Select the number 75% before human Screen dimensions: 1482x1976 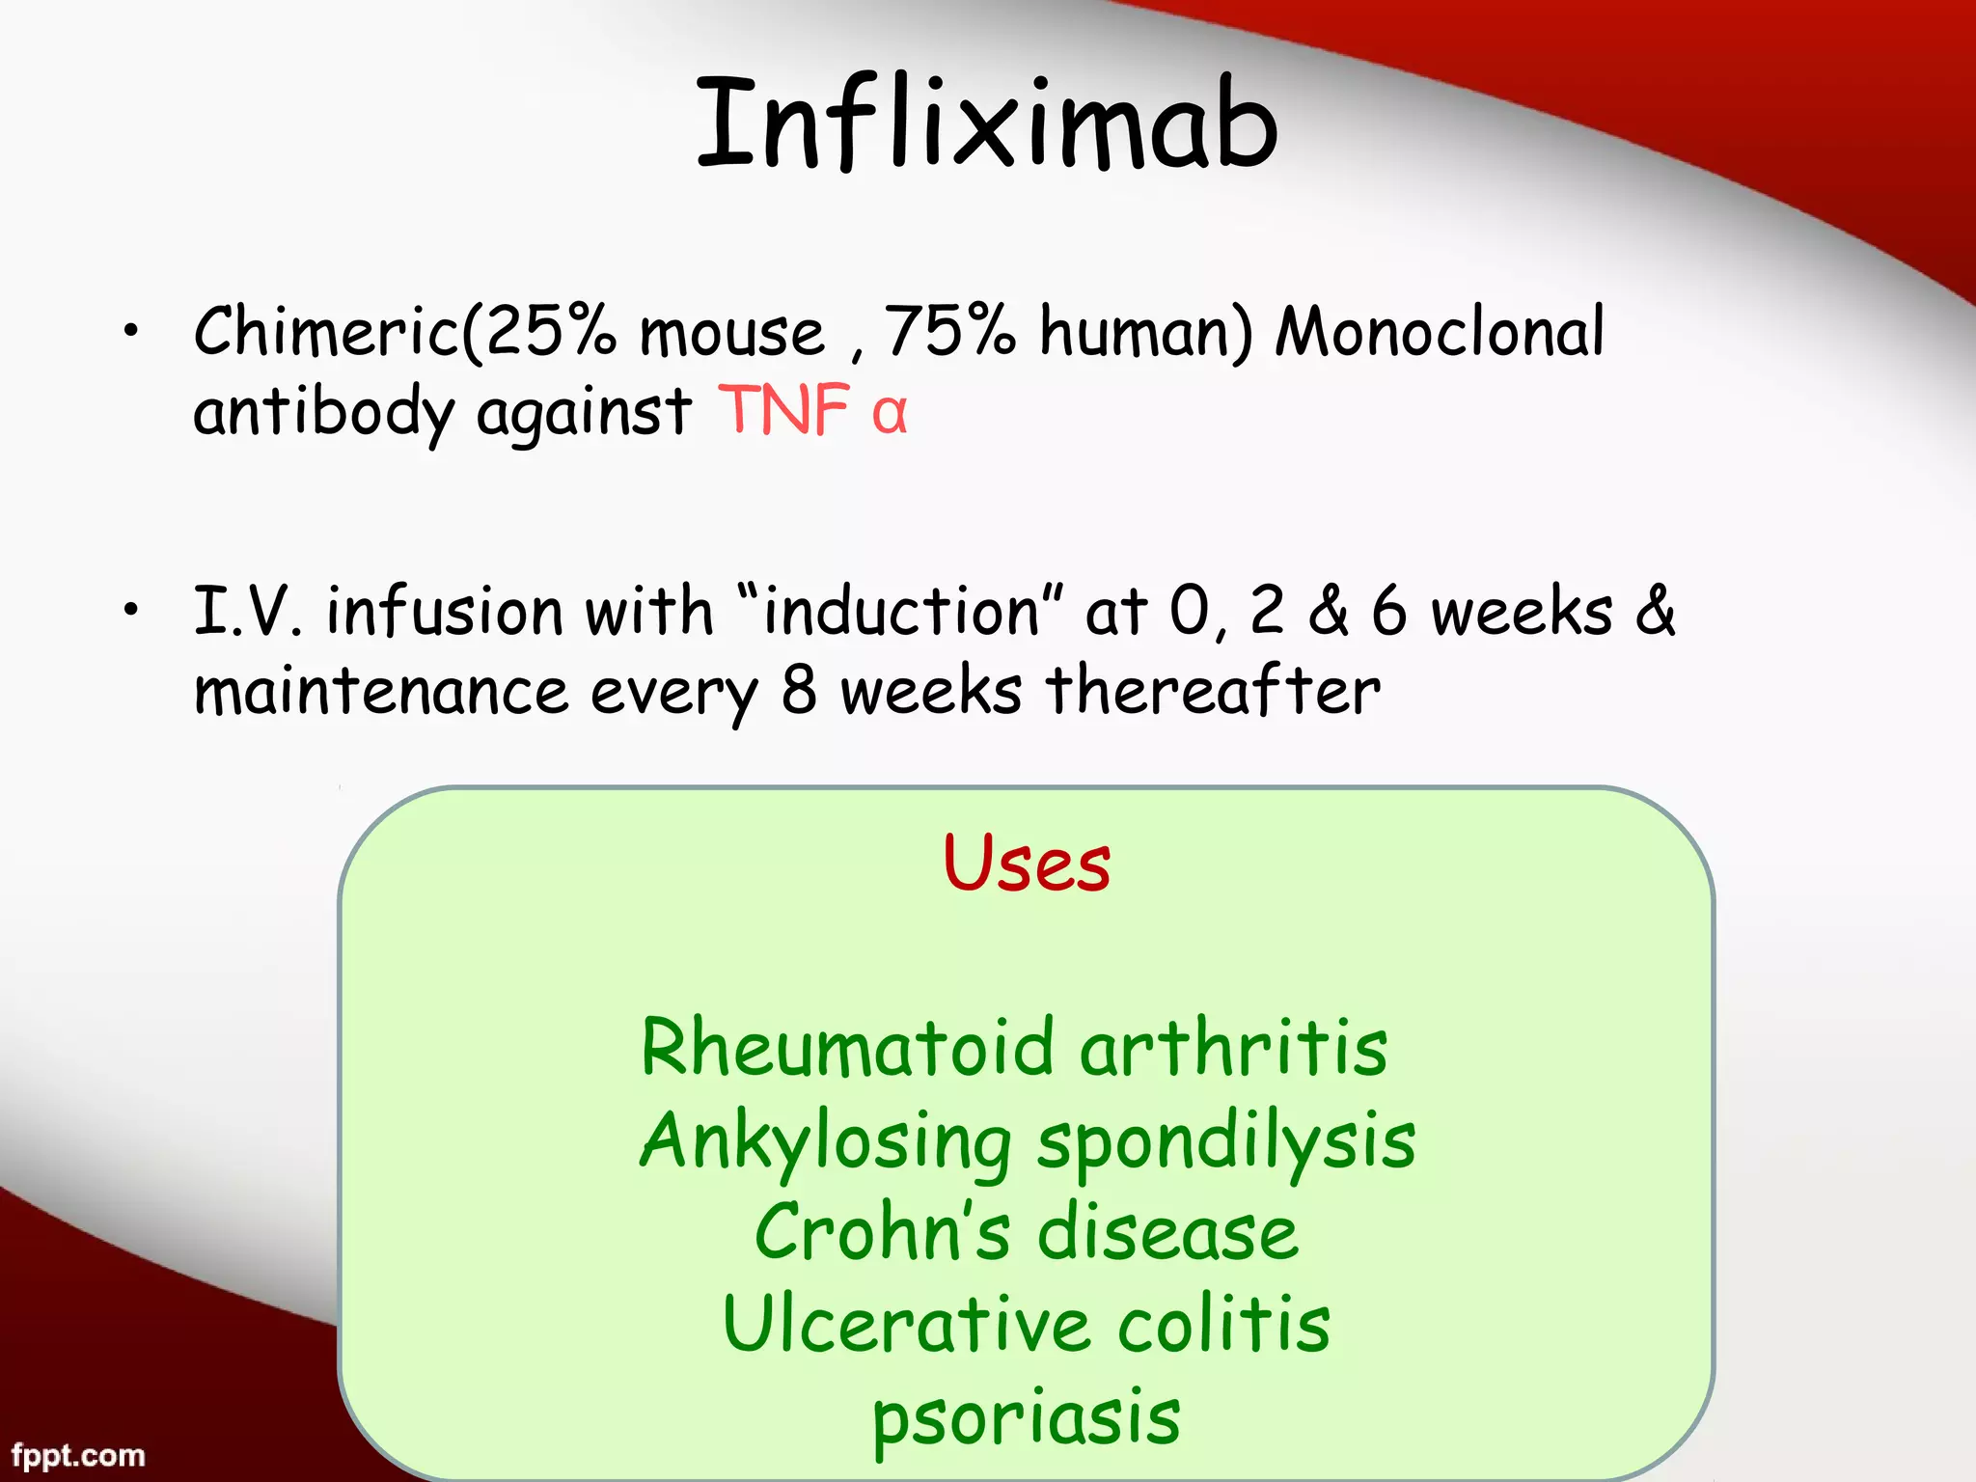(949, 331)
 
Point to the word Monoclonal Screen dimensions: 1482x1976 (1440, 331)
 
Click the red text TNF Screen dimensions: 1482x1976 (782, 411)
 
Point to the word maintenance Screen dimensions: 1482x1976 (381, 692)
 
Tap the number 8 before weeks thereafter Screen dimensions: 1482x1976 (799, 692)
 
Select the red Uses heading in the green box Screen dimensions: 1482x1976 (1027, 863)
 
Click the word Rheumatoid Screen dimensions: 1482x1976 (847, 1049)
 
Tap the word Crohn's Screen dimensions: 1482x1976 (882, 1234)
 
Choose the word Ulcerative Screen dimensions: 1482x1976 (907, 1326)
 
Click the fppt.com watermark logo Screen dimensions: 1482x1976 (78, 1455)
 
